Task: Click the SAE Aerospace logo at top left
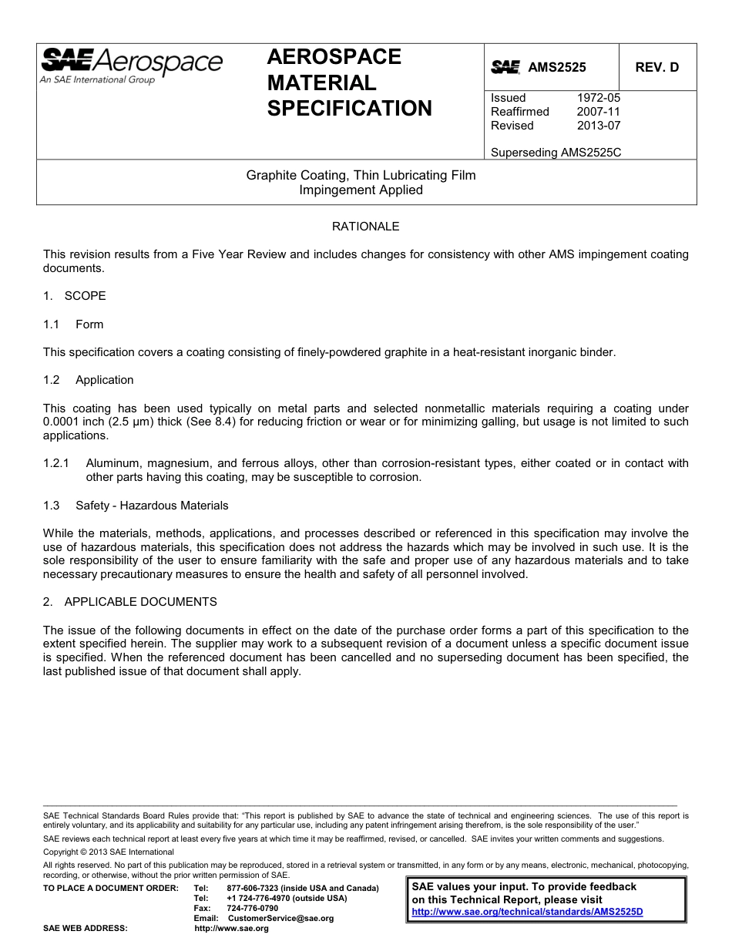131,65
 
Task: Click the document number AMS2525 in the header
556,67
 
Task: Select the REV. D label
656,67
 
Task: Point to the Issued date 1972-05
598,98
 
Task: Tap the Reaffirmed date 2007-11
598,112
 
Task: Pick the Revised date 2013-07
598,126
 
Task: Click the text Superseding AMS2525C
556,153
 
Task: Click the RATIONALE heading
365,227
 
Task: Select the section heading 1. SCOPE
75,296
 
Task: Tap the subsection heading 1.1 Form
73,324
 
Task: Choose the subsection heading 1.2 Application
89,380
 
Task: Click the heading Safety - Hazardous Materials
152,506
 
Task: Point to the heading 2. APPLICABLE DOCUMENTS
130,602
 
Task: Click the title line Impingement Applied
361,190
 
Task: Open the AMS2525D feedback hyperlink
527,912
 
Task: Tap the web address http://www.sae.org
232,929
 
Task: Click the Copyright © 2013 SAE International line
109,852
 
